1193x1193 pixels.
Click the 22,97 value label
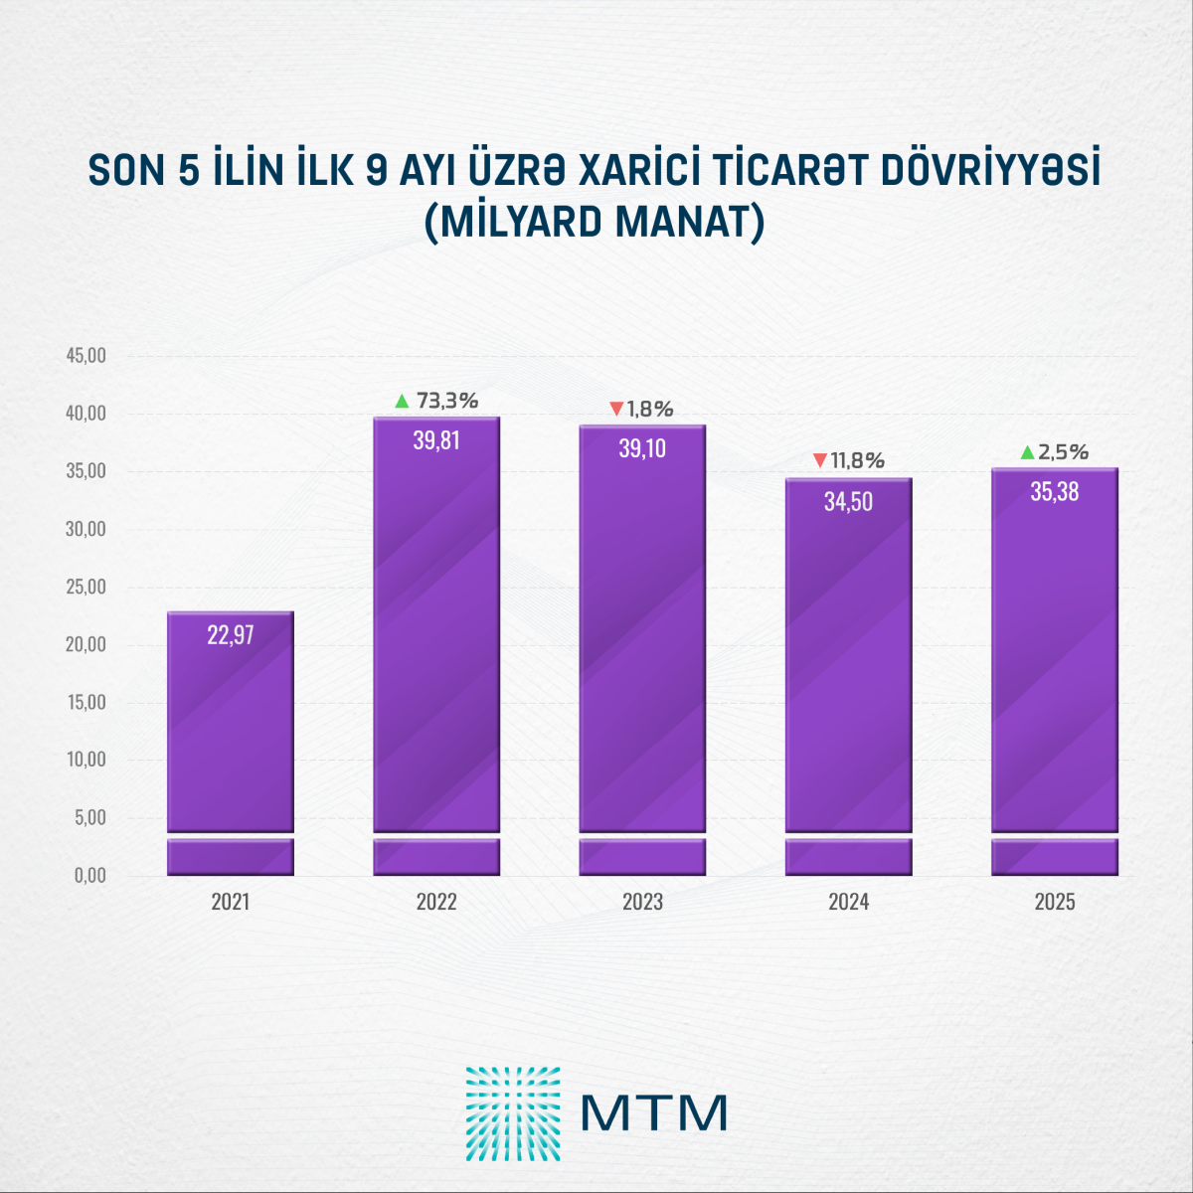[231, 635]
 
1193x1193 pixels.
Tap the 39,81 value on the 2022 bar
[436, 440]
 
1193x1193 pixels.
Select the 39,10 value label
[642, 448]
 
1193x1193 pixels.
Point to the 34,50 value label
[848, 502]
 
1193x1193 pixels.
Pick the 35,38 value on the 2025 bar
[1054, 492]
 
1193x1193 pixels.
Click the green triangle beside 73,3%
[402, 402]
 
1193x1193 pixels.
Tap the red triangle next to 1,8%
[616, 410]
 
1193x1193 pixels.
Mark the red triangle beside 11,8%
[820, 460]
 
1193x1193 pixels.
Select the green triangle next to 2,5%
[1027, 453]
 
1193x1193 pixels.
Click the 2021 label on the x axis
[231, 902]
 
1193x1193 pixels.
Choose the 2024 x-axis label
[848, 902]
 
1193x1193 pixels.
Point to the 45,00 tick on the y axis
[85, 356]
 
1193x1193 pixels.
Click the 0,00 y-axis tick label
[88, 876]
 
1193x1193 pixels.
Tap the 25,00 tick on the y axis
[85, 587]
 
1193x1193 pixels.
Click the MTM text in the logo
[653, 1113]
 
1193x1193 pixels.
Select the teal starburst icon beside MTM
[513, 1113]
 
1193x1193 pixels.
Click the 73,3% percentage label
[447, 401]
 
